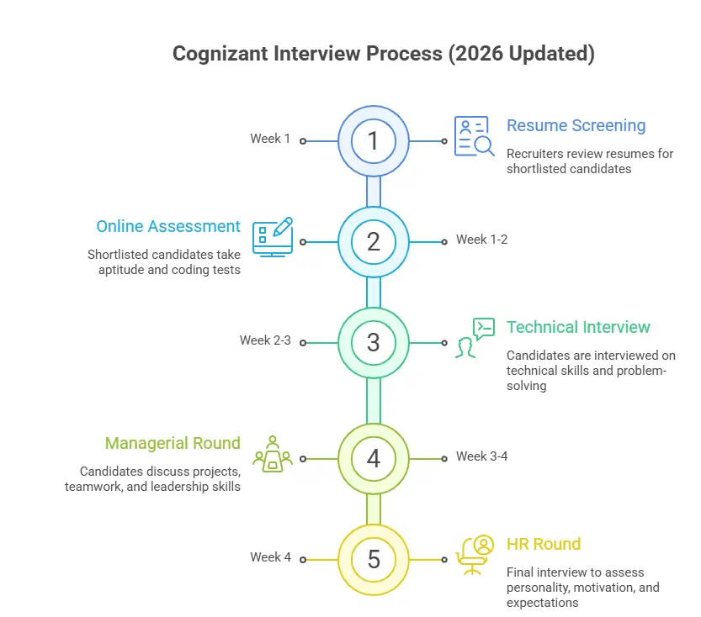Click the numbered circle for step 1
coord(374,141)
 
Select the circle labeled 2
coord(374,242)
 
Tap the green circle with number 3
coord(374,343)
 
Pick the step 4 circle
coord(374,459)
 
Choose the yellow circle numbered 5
coord(374,559)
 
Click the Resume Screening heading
coord(576,125)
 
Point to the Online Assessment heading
coord(168,226)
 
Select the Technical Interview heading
coord(578,327)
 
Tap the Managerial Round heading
coord(173,443)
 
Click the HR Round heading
coord(544,544)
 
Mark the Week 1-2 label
coord(481,240)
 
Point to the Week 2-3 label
coord(265,340)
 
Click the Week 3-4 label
coord(481,456)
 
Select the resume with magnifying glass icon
coord(475,137)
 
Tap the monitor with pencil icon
coord(273,238)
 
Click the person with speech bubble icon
coord(475,338)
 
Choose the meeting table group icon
coord(273,454)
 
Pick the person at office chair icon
coord(475,555)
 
